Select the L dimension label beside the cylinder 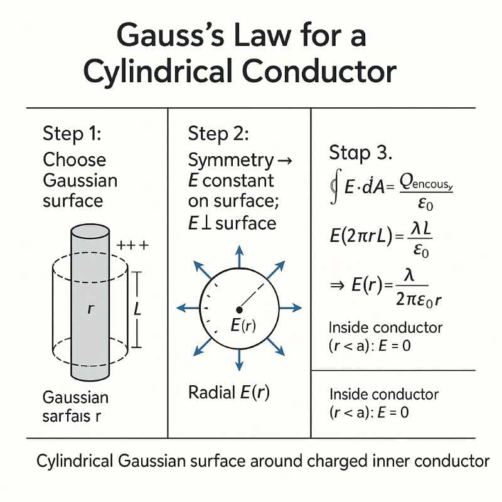[139, 309]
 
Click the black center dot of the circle [239, 309]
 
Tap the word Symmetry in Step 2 [223, 160]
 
